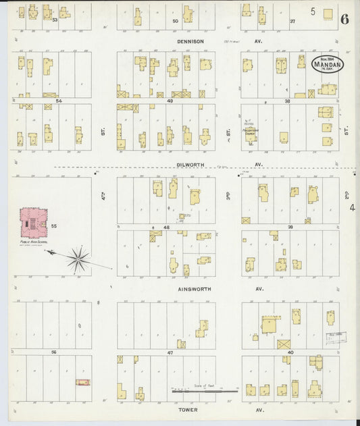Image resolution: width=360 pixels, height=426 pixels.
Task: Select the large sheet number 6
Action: click(x=344, y=18)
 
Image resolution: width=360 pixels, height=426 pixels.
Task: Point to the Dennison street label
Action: click(x=190, y=41)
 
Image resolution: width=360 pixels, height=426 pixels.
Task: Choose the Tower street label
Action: click(x=188, y=409)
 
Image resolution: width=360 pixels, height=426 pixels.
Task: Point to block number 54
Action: click(x=58, y=101)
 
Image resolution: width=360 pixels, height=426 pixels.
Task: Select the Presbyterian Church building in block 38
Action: click(x=251, y=134)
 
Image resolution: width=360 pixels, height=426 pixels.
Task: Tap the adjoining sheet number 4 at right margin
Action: click(x=352, y=207)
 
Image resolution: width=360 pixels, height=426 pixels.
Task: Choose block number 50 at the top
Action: click(x=175, y=22)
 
